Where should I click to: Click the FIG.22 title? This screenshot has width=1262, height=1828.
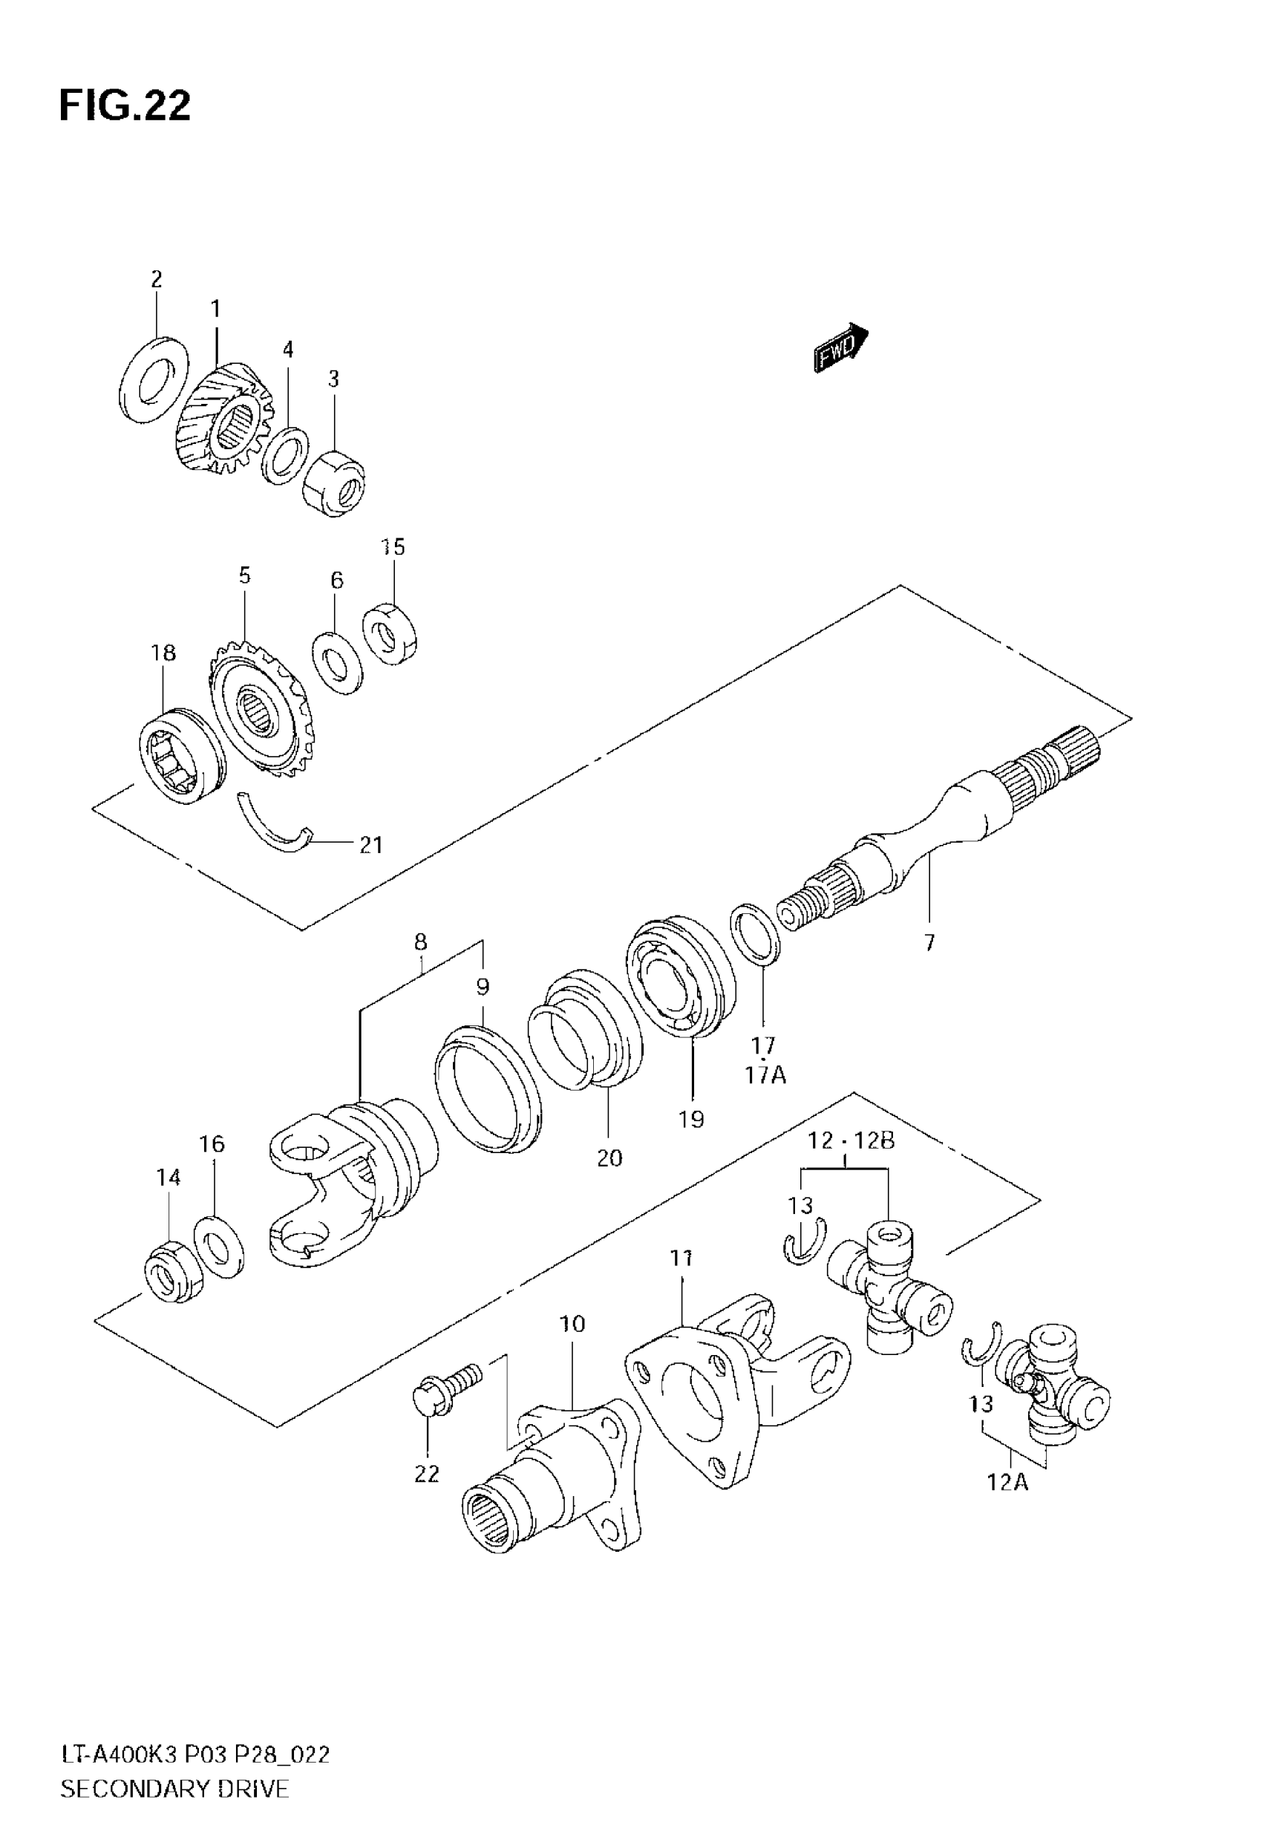125,105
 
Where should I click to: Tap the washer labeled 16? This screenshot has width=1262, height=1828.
219,1247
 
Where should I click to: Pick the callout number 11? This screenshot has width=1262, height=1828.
681,1257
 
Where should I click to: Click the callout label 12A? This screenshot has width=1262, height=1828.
1007,1482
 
